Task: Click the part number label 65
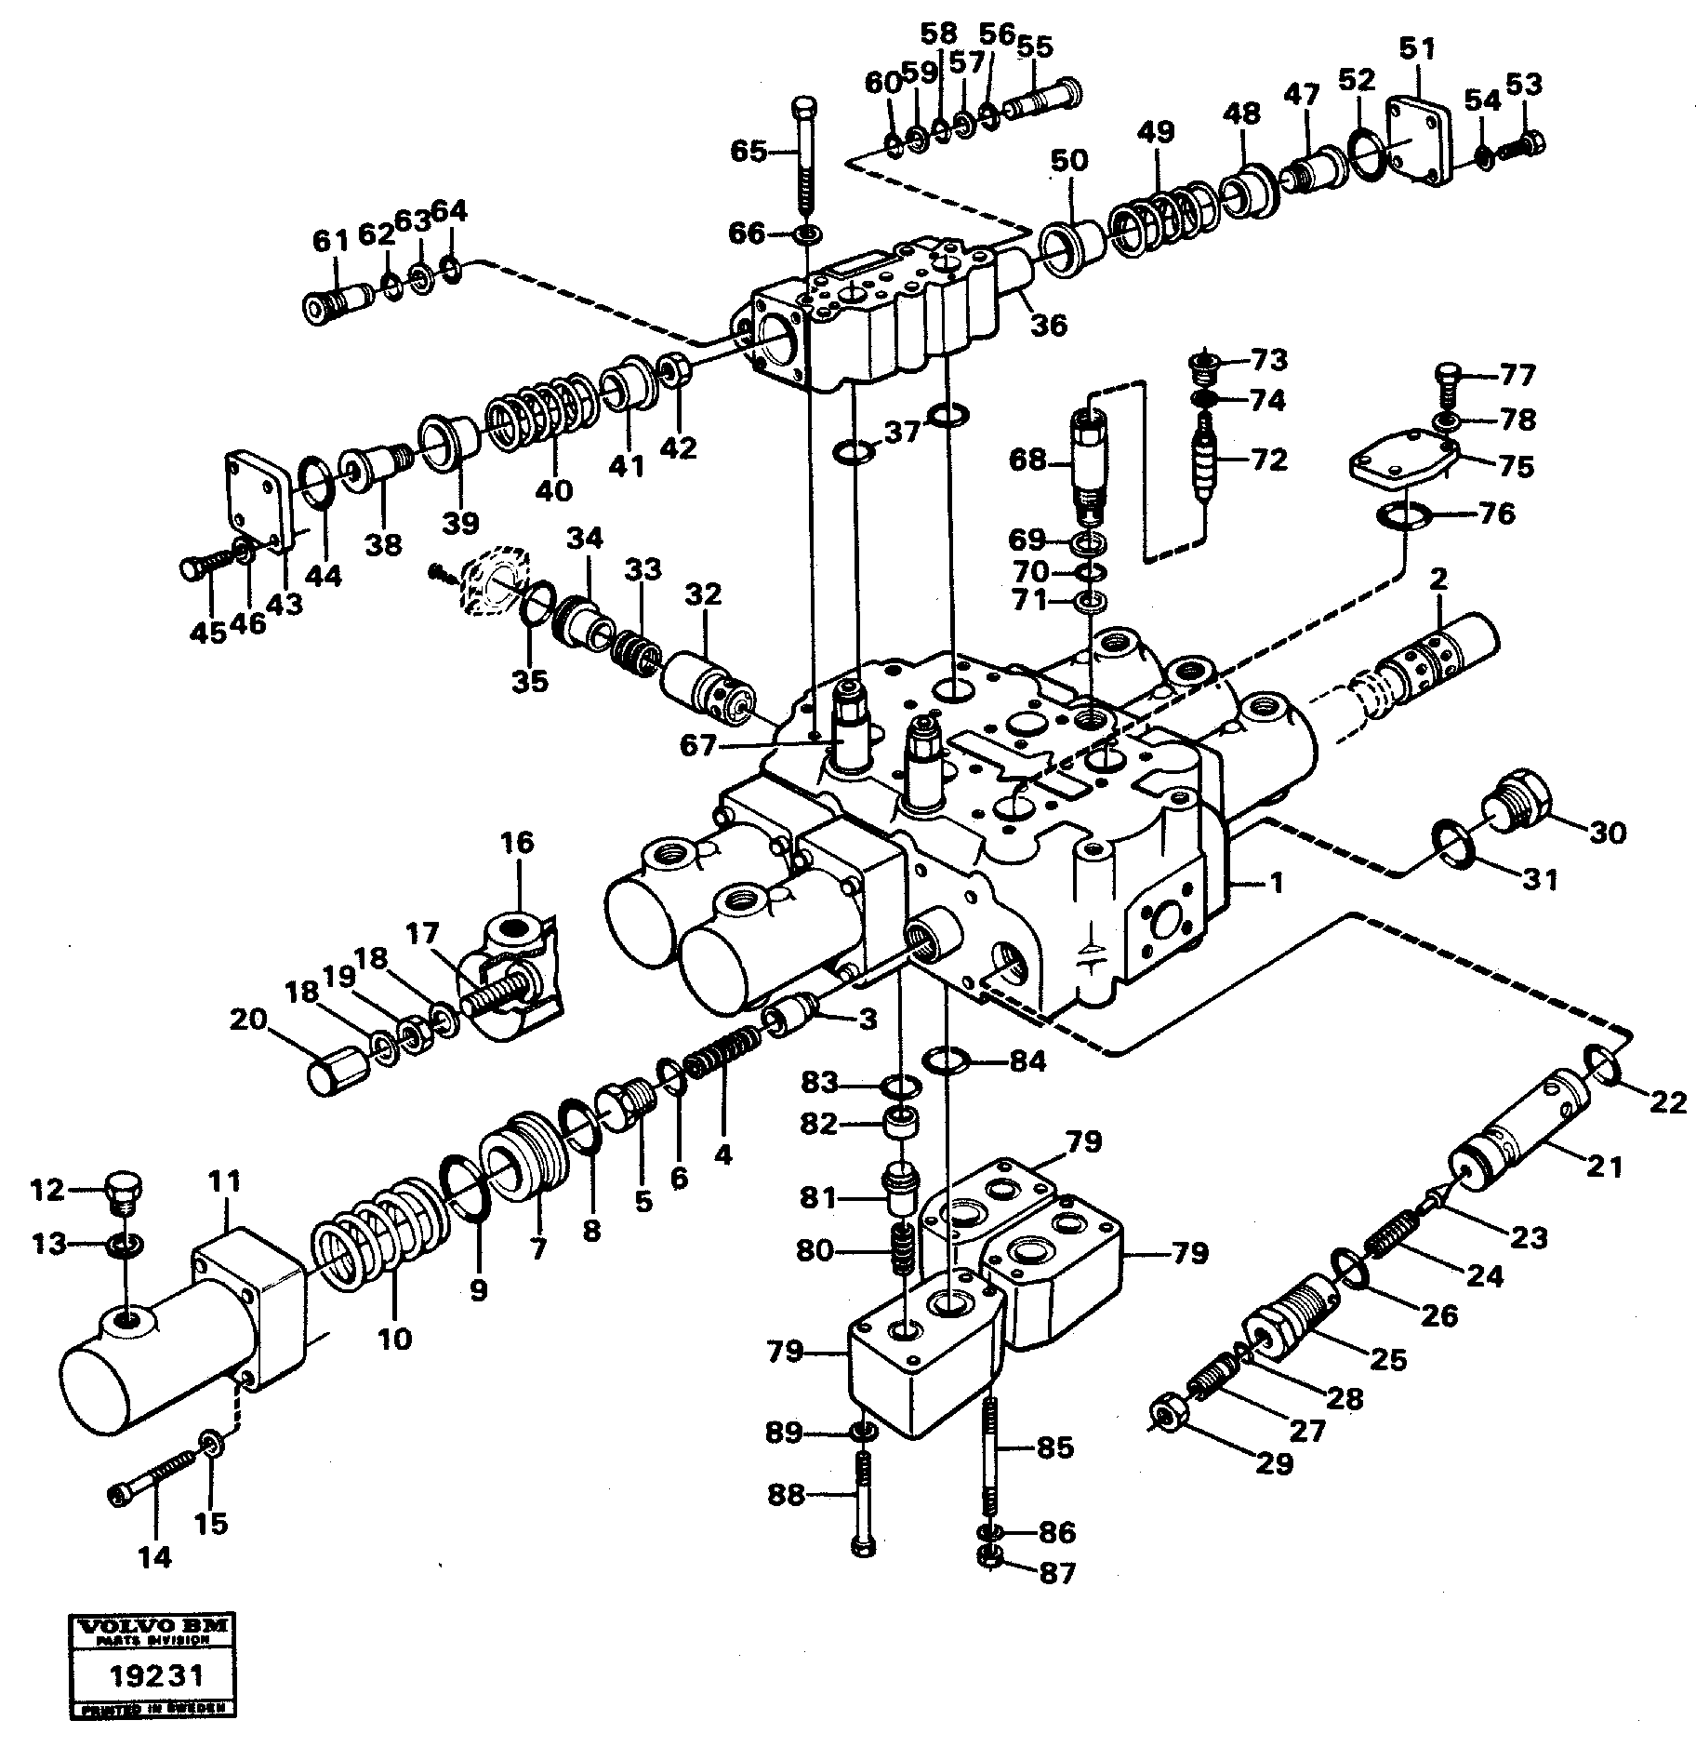[x=747, y=151]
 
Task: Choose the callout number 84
[x=1027, y=1060]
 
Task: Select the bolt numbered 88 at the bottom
[x=861, y=1504]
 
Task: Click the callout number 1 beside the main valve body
[x=1277, y=882]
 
